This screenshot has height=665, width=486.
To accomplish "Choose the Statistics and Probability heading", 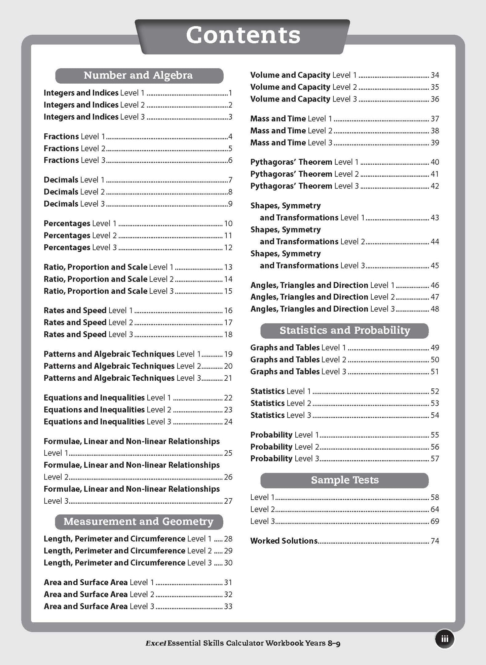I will click(x=344, y=331).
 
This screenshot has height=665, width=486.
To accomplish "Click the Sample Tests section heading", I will click(x=344, y=480).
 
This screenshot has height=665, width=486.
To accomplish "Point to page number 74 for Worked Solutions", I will click(x=435, y=541).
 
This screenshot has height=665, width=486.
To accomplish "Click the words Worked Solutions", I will click(x=284, y=541).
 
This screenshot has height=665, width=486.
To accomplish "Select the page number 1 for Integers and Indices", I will click(x=230, y=93).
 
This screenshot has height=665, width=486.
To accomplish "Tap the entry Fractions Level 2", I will click(x=75, y=149).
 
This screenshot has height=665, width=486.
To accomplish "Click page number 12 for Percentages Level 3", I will click(x=228, y=248).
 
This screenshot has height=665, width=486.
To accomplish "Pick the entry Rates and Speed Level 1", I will click(x=88, y=310).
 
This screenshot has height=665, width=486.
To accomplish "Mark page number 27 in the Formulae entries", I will click(x=228, y=501).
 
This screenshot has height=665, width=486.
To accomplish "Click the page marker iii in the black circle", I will click(x=445, y=639).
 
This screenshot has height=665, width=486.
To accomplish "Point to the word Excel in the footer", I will click(x=156, y=643).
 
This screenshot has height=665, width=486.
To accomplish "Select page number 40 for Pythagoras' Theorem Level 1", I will click(x=435, y=162).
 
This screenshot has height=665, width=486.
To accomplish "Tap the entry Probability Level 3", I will click(x=285, y=459).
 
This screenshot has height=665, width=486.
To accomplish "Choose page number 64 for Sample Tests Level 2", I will click(x=435, y=509).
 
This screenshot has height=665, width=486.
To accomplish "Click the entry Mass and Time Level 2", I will click(x=291, y=131).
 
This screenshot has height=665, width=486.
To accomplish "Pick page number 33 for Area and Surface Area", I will click(x=228, y=607).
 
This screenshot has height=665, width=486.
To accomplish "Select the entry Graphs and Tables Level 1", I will click(x=298, y=348).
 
